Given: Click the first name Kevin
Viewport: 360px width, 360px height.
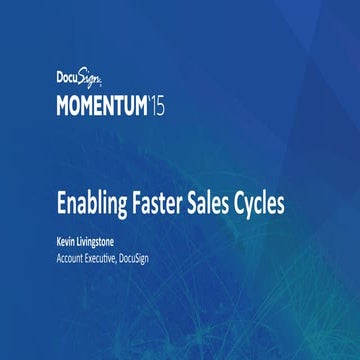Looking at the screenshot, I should [70, 240].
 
